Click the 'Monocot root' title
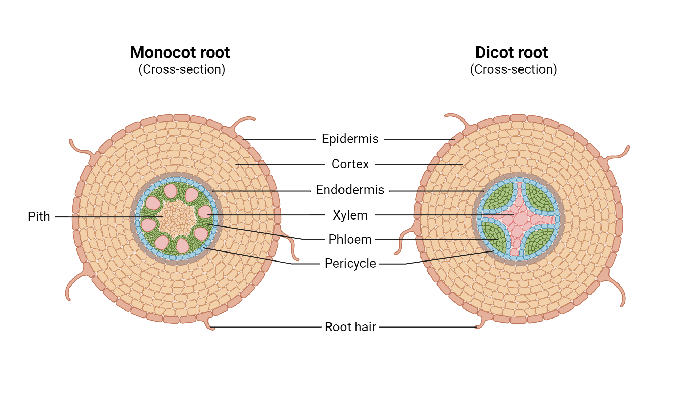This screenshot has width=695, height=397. point(180,53)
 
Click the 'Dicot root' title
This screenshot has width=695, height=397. point(511,53)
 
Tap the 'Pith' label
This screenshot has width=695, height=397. point(39,217)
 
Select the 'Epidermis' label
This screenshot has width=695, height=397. point(350,139)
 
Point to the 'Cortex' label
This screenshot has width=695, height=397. point(350,164)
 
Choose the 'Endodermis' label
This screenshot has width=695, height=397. point(350,190)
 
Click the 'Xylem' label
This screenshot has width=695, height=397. point(350,215)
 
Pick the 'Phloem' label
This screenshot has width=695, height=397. point(350,240)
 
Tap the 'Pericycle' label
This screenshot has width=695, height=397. point(350,264)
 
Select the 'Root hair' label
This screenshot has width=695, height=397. point(350,327)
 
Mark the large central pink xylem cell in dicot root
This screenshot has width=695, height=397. point(520,219)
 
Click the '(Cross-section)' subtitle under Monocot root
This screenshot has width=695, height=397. point(182,69)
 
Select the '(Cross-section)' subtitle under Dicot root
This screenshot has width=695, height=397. point(513,69)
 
